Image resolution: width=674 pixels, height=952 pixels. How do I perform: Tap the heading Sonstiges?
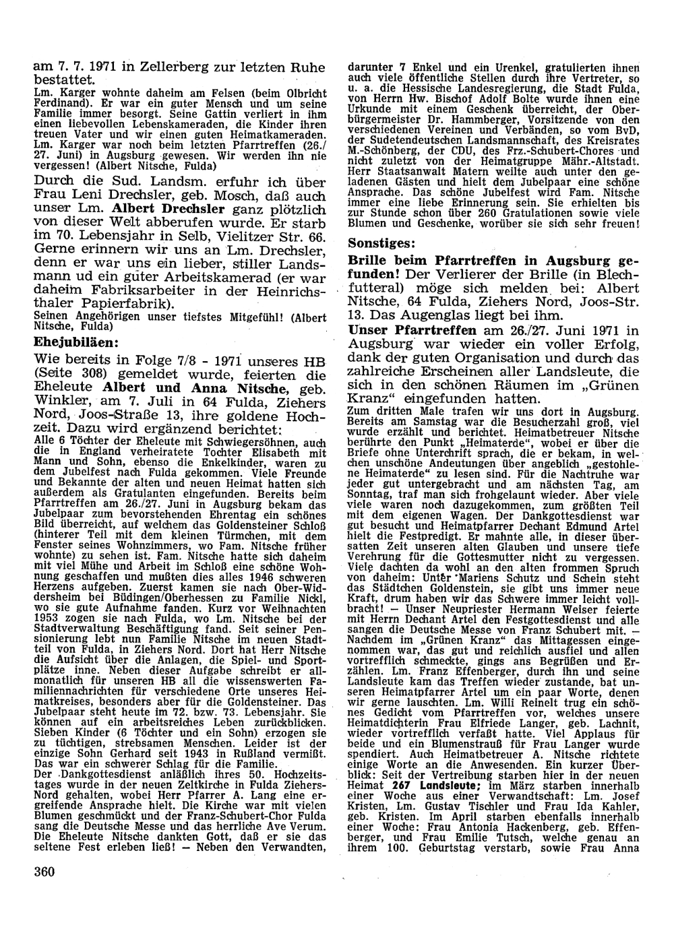click(381, 242)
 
